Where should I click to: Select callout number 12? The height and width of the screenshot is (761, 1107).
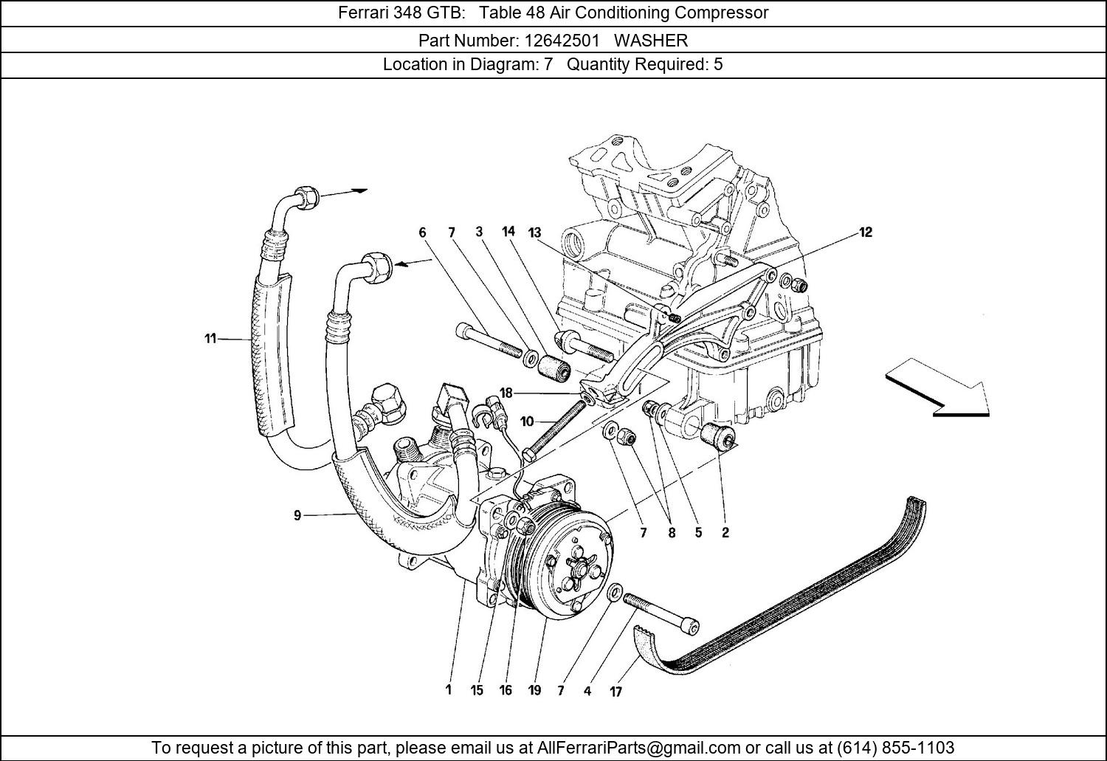[865, 233]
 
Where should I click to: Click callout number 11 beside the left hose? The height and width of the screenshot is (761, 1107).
[210, 339]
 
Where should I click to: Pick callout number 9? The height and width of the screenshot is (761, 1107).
[297, 515]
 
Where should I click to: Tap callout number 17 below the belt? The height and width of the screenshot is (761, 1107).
[615, 692]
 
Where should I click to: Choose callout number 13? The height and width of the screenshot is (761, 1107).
[534, 233]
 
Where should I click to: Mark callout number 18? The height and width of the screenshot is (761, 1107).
[505, 393]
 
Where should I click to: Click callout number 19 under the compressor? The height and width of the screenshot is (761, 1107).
[534, 690]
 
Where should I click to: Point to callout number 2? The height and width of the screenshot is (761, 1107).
[725, 532]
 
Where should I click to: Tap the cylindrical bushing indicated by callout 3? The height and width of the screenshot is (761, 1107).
[555, 368]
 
